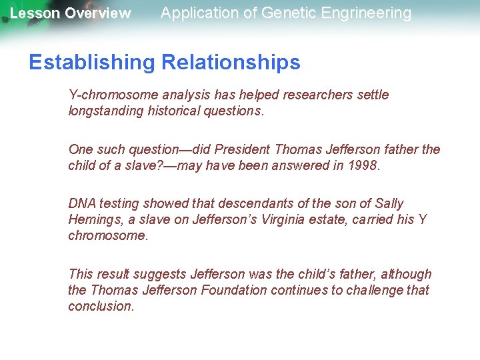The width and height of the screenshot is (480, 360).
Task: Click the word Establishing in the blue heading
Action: point(91,63)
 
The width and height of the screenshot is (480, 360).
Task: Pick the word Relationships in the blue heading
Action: point(230,63)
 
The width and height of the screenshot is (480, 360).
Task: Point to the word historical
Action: point(174,111)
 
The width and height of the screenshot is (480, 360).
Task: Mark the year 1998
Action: point(363,165)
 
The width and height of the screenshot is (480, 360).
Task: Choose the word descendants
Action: point(235,203)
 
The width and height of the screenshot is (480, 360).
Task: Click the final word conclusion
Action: point(101,306)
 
